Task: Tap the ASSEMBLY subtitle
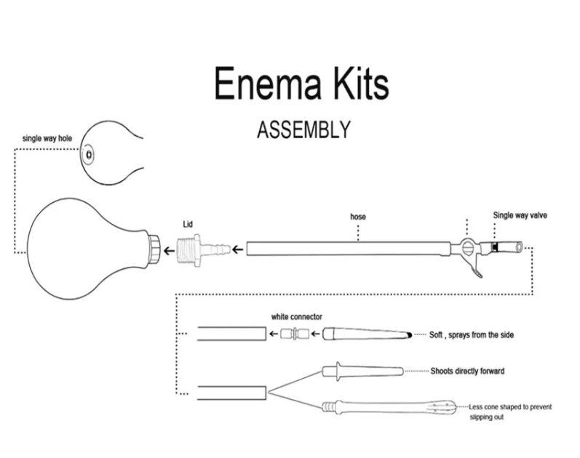point(304,129)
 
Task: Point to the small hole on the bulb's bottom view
point(90,154)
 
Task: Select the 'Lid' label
point(188,225)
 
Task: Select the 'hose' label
point(358,216)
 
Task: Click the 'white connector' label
point(296,317)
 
